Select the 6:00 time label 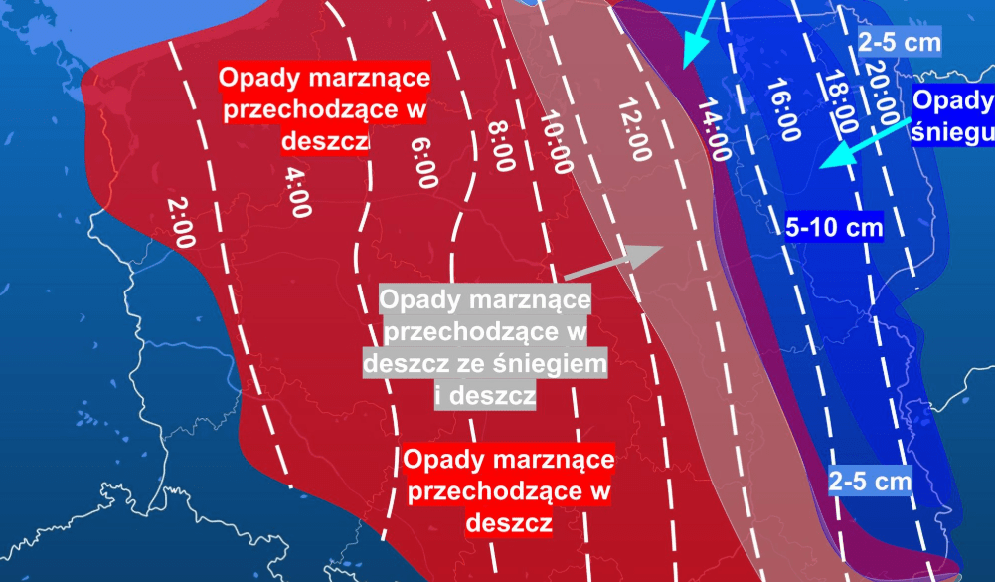423,162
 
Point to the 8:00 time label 501,146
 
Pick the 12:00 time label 633,129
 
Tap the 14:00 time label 713,130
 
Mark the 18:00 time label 839,102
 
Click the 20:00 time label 882,92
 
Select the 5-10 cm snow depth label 834,226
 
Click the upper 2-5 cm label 899,44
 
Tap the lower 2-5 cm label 871,482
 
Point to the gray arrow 612,260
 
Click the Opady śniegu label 952,116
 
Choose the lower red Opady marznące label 509,491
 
